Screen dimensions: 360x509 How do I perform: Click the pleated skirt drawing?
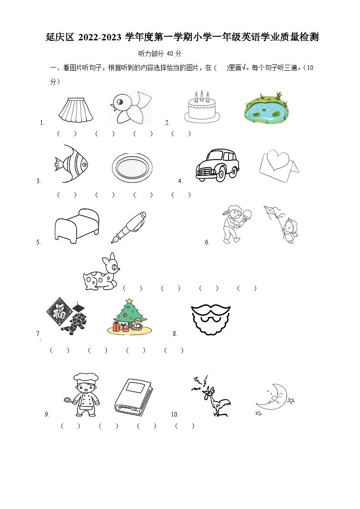[76, 109]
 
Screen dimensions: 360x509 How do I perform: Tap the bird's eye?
[120, 102]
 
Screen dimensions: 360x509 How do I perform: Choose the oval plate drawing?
[132, 168]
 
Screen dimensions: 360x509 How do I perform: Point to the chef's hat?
[86, 378]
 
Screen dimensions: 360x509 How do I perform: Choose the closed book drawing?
[134, 397]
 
